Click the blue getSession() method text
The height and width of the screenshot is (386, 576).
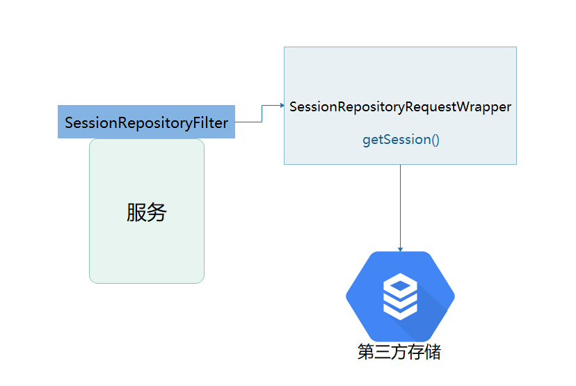(x=401, y=140)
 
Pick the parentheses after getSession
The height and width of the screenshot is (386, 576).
(x=435, y=140)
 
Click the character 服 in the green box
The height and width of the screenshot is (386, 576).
(x=136, y=212)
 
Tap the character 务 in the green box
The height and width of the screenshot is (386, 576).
(x=157, y=212)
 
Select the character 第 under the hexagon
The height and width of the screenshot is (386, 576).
(x=366, y=352)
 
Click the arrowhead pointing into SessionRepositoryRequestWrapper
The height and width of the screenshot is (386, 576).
(x=282, y=106)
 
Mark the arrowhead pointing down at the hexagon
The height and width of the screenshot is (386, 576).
(x=400, y=248)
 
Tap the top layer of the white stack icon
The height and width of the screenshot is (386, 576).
(x=400, y=284)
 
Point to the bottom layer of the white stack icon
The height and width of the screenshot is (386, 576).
(x=400, y=310)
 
